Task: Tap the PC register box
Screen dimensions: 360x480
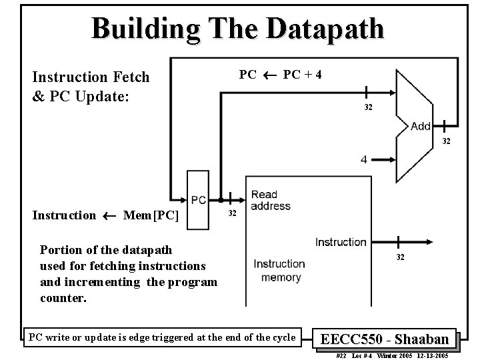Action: point(199,200)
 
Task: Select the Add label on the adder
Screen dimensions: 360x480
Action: point(421,126)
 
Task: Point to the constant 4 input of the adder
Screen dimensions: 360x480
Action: point(363,159)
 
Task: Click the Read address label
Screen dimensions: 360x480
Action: point(270,201)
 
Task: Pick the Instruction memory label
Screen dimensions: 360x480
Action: point(279,270)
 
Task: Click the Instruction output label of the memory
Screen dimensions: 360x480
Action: point(341,242)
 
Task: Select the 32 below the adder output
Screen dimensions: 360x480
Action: point(445,141)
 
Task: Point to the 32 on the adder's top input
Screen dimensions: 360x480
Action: point(368,107)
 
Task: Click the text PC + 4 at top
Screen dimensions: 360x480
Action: point(303,74)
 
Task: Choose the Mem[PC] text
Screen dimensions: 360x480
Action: point(151,215)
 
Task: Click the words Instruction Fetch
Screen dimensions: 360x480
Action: point(91,77)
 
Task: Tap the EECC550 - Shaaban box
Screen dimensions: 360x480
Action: point(385,338)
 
